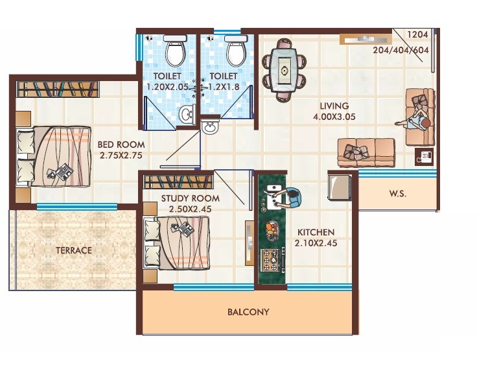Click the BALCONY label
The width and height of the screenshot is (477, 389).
click(248, 312)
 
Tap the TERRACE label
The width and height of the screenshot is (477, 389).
click(73, 250)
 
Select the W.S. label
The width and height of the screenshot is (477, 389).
click(397, 194)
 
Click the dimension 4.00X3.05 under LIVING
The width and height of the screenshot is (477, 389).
click(334, 117)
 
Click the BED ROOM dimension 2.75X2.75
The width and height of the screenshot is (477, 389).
click(121, 156)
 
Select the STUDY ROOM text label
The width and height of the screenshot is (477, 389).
click(191, 198)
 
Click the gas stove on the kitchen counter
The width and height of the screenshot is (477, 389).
click(272, 260)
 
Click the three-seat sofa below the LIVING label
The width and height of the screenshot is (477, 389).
click(366, 153)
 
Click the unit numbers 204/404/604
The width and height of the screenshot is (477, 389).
click(402, 49)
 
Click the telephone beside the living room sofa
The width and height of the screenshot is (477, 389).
click(425, 156)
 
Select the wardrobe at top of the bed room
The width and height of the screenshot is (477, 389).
click(57, 89)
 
